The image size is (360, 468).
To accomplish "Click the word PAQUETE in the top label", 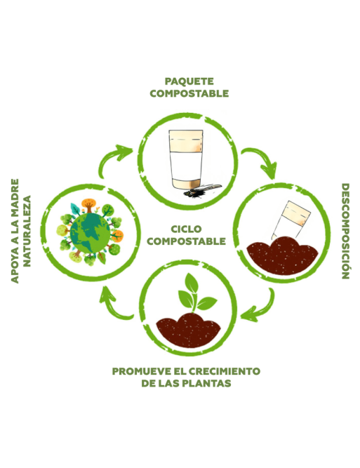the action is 189,81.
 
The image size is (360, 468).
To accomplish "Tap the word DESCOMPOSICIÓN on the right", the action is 345,231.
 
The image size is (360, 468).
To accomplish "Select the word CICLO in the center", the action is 186,229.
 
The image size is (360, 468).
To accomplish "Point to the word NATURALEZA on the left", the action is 27,231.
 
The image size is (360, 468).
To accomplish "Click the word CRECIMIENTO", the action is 225,371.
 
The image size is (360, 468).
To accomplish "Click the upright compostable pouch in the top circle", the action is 186,159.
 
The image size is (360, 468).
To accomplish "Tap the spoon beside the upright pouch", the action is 206,189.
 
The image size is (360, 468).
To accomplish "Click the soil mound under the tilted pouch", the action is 282,255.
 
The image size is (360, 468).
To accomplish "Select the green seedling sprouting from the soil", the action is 196,293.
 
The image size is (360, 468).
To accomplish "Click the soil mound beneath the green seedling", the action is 188,330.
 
